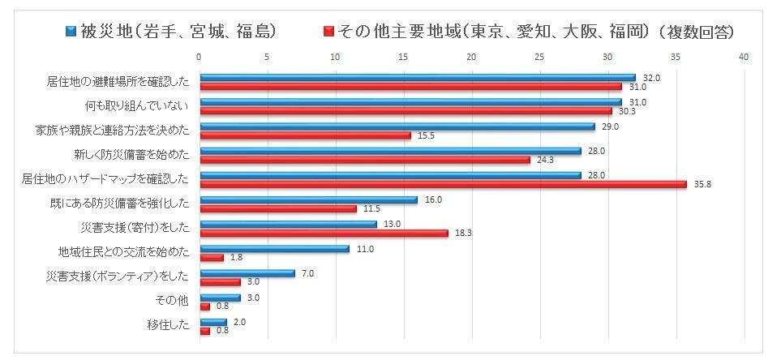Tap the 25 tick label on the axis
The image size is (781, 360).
(539, 57)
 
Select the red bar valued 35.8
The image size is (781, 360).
(443, 184)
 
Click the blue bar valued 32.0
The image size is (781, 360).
(417, 78)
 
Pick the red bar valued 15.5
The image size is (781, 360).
(305, 135)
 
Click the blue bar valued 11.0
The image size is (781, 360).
(274, 249)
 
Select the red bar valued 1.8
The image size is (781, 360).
(212, 258)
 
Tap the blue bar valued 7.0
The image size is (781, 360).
(247, 273)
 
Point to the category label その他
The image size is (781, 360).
(172, 302)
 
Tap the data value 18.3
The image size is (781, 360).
(461, 234)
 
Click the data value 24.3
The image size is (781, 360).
(543, 161)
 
